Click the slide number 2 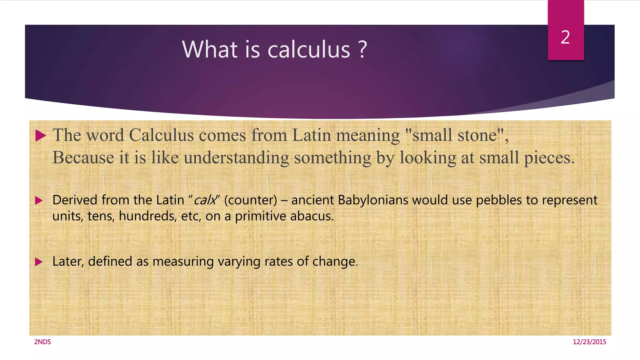point(565,37)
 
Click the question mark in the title point(362,49)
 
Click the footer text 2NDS point(42,342)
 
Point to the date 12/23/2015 point(589,342)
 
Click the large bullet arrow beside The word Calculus point(40,136)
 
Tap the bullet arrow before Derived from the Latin point(39,200)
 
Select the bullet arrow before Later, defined point(39,262)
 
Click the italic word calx point(205,200)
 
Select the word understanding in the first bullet point(236,157)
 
